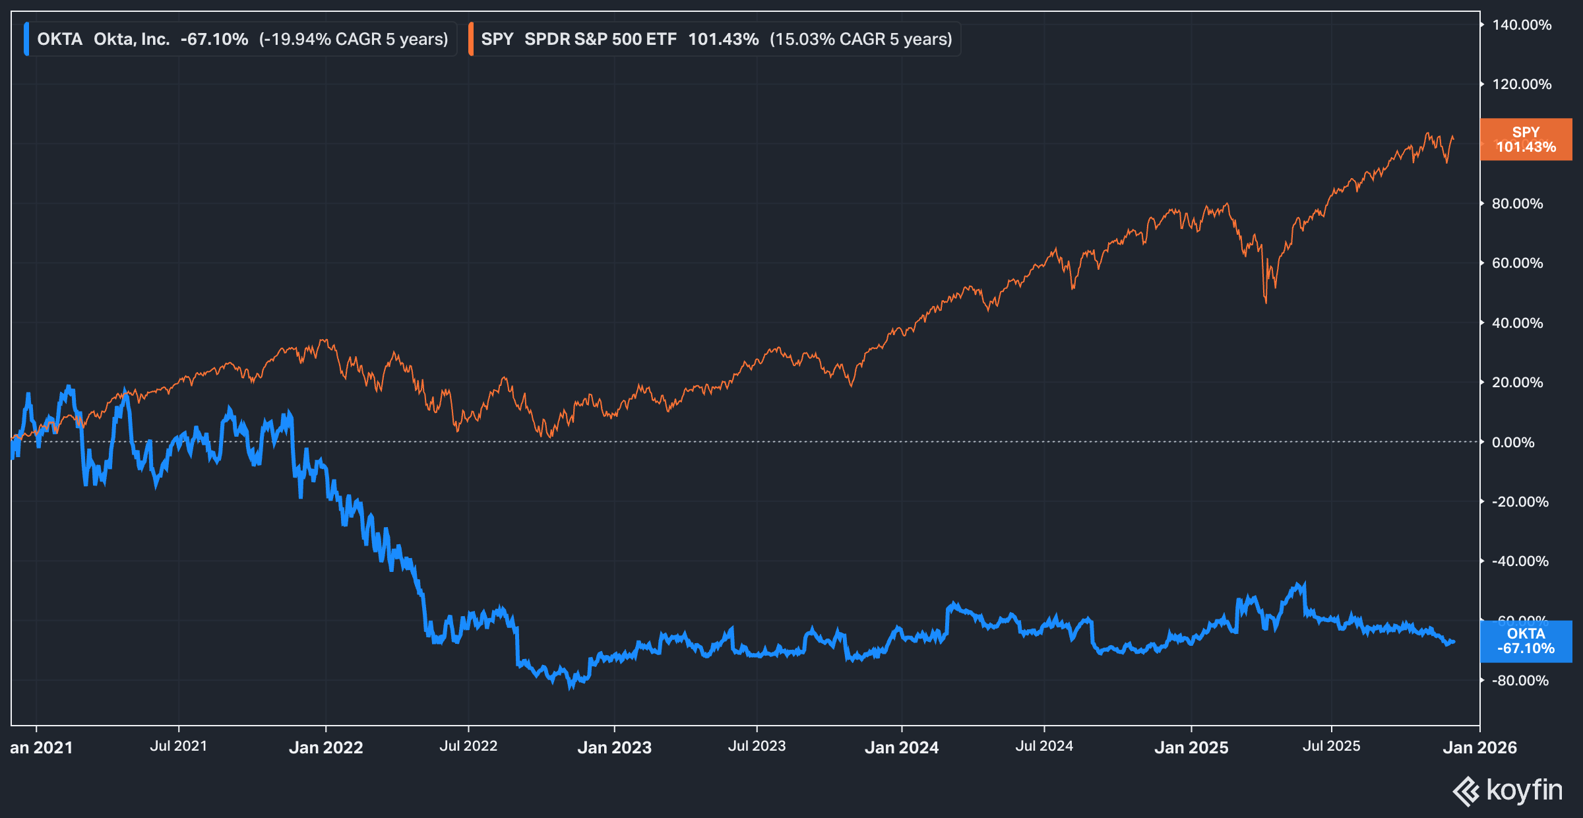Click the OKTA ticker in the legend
click(59, 39)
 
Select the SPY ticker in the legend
click(497, 39)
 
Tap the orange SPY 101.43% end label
click(1525, 139)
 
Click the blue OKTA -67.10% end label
click(1525, 641)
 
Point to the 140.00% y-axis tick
click(1521, 25)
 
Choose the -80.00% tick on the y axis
click(1520, 680)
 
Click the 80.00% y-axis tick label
click(1517, 204)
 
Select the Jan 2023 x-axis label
click(614, 747)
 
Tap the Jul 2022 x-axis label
click(468, 746)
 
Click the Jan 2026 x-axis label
click(1479, 747)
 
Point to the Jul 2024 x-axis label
click(1044, 746)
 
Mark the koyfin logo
click(1508, 790)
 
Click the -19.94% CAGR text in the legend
click(354, 39)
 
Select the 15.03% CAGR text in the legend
click(861, 39)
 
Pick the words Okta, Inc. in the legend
click(131, 39)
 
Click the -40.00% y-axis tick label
click(1520, 561)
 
